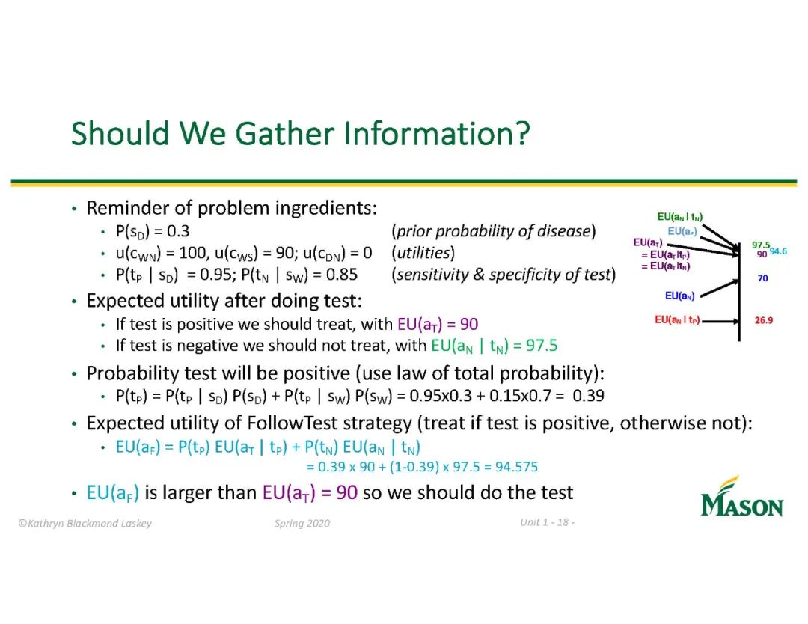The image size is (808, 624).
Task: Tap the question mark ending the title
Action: pyautogui.click(x=523, y=133)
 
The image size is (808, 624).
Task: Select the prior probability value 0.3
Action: pyautogui.click(x=178, y=231)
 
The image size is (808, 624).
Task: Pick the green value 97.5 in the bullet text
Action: pyautogui.click(x=542, y=345)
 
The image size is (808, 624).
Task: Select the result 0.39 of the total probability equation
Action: pyautogui.click(x=589, y=396)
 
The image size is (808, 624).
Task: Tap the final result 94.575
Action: pyautogui.click(x=516, y=467)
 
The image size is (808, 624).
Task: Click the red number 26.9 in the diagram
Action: pyautogui.click(x=764, y=320)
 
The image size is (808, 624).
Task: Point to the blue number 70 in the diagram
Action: pyautogui.click(x=762, y=278)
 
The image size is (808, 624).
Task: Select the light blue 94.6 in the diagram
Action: pyautogui.click(x=778, y=251)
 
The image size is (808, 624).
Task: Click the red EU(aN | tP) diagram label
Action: pyautogui.click(x=677, y=320)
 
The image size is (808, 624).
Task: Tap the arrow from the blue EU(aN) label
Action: pyautogui.click(x=720, y=288)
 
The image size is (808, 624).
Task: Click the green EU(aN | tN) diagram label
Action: pyautogui.click(x=679, y=218)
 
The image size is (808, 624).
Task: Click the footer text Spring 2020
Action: pyautogui.click(x=302, y=524)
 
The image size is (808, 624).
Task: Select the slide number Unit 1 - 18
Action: pyautogui.click(x=547, y=522)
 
